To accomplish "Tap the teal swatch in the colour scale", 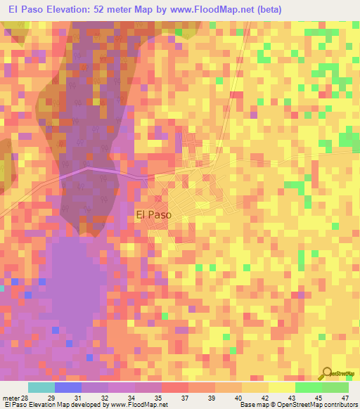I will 41,388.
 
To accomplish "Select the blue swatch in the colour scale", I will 68,388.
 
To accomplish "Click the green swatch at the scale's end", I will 335,388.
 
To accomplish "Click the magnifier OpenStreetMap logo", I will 327,375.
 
